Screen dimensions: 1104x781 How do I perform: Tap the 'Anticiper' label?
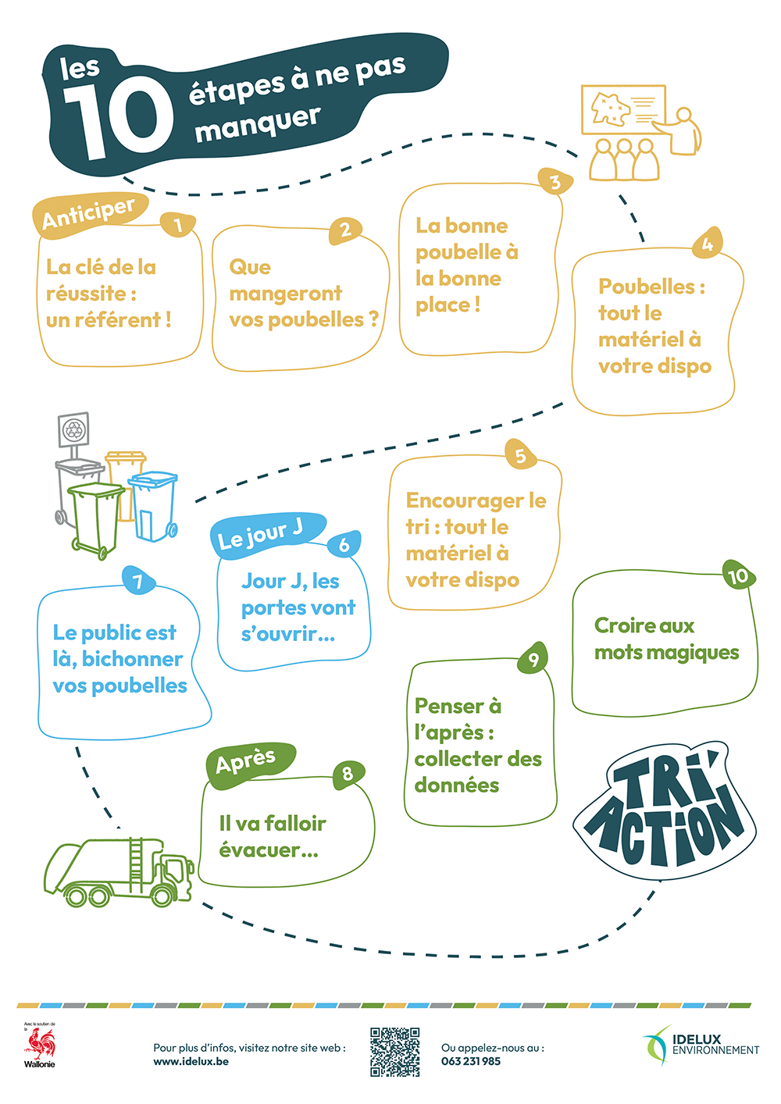89,212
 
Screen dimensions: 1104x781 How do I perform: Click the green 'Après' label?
247,761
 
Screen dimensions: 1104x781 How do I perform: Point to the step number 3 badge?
555,183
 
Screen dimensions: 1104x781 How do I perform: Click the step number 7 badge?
138,582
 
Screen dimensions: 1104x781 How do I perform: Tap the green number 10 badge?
737,576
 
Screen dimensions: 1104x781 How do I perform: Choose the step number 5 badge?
521,455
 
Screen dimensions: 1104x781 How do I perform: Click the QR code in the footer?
394,1052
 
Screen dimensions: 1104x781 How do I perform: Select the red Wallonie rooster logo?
40,1044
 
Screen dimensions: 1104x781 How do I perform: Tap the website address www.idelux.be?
191,1062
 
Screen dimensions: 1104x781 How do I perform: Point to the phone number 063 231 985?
471,1062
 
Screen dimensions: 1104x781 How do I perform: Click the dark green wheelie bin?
96,518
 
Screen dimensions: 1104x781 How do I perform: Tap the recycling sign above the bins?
74,430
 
